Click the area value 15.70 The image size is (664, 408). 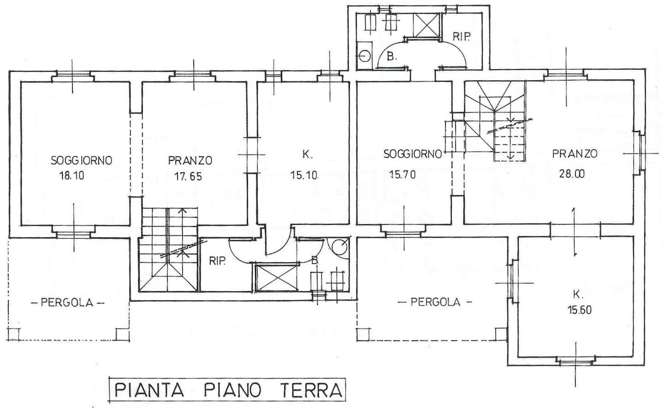pos(403,174)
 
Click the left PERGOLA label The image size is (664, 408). pos(67,303)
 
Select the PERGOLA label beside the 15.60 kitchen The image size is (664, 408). pos(435,302)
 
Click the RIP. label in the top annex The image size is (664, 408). pos(461,37)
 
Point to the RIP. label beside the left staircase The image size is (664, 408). pos(217,261)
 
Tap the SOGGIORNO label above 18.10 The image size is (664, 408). pos(82,160)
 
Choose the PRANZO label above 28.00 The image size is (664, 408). pos(575,154)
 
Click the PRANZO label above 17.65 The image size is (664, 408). pos(190,160)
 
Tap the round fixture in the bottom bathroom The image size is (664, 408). pos(340,247)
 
